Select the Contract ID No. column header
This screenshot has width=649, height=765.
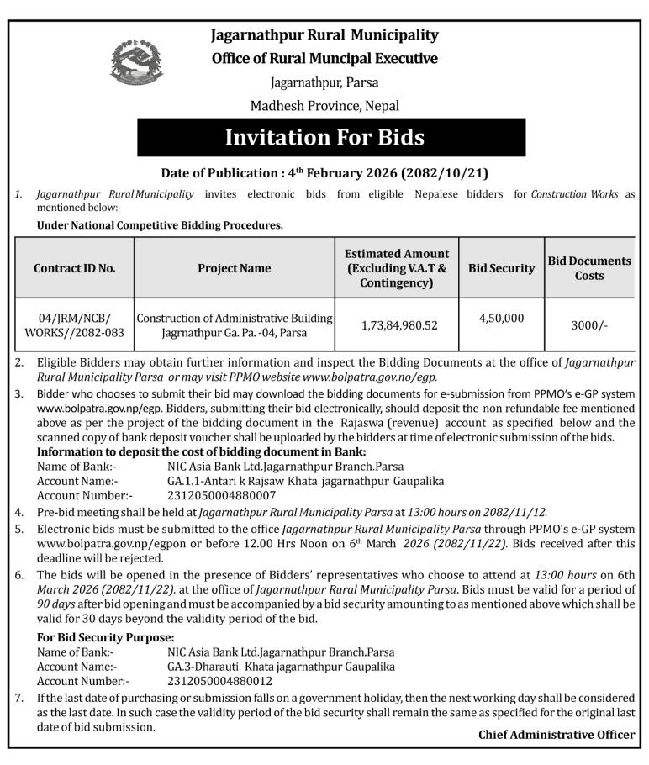tap(75, 268)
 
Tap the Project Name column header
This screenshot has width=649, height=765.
tap(235, 268)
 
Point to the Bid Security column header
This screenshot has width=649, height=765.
tap(501, 268)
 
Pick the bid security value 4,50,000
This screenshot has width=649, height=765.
tap(501, 318)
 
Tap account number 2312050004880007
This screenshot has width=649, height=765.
tap(221, 495)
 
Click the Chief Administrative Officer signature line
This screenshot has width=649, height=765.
tap(557, 735)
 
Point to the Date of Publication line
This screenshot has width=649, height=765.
tap(324, 174)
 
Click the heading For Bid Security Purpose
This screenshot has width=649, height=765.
tap(106, 637)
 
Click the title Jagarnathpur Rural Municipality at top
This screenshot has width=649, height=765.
tap(324, 35)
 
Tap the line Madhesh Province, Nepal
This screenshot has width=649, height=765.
tap(324, 106)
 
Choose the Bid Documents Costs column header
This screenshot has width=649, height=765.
tap(589, 268)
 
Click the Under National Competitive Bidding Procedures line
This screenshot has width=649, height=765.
tap(160, 225)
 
